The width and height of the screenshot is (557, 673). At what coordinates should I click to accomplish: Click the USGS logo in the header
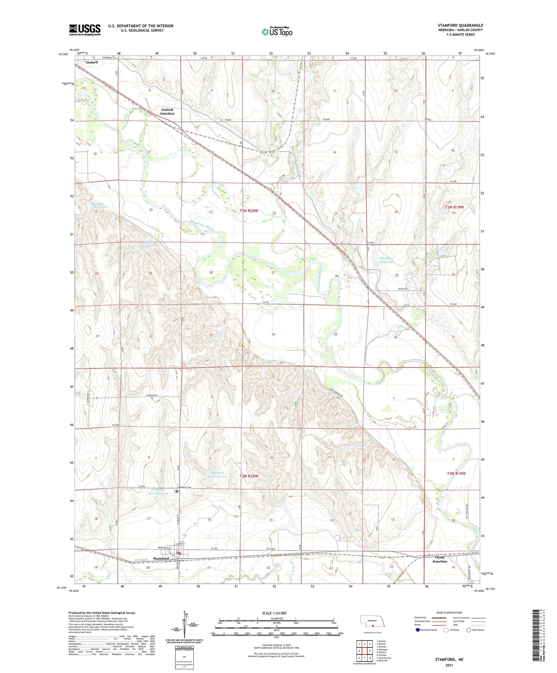click(85, 30)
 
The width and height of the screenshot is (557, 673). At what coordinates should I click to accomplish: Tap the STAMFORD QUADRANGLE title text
click(460, 25)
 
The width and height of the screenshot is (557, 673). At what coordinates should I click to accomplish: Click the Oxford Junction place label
click(167, 111)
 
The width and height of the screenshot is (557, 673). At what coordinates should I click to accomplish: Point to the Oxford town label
click(92, 62)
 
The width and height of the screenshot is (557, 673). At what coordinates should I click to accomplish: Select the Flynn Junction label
click(440, 559)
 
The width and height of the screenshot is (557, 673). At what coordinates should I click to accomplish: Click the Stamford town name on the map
click(161, 558)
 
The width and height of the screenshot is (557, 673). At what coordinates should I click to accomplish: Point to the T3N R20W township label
click(249, 211)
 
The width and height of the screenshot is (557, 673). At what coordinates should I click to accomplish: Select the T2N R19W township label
click(456, 473)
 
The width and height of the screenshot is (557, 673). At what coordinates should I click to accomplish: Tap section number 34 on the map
click(273, 334)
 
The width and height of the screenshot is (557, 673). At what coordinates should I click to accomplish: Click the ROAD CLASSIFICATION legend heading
click(449, 612)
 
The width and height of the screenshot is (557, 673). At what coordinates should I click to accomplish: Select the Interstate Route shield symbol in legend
click(418, 630)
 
